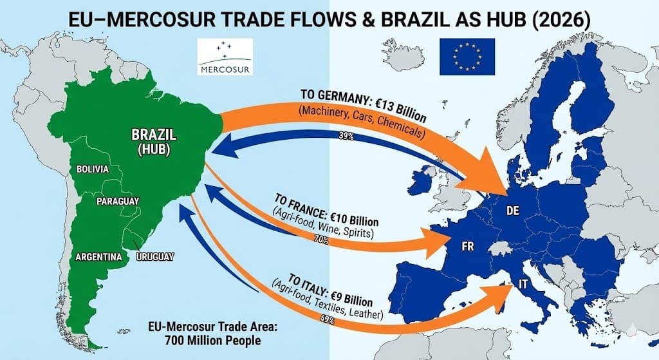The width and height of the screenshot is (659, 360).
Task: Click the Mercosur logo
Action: (x=226, y=57)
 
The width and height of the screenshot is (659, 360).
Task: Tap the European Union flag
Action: (x=467, y=56)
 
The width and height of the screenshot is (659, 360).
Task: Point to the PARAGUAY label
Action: (x=118, y=202)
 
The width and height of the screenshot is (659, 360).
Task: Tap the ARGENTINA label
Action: (x=98, y=257)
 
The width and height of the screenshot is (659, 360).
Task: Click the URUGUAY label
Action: (x=155, y=257)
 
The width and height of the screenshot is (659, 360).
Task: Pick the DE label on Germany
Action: (x=513, y=211)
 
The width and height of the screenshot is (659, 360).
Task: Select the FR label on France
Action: (x=468, y=247)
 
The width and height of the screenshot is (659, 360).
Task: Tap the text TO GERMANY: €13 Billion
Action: (x=364, y=106)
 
